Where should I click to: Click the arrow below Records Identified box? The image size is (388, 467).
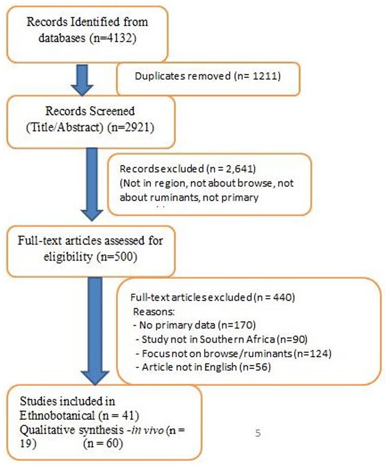coord(83,80)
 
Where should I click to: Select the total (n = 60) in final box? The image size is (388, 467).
coord(102,443)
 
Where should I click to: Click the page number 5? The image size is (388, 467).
coord(258,433)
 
